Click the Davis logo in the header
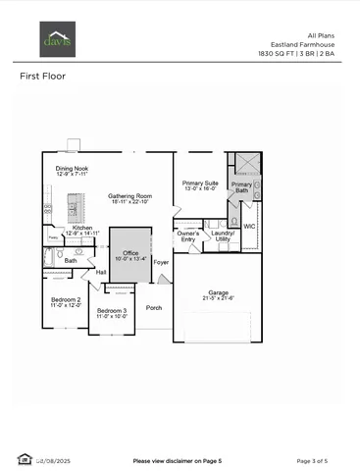(51, 42)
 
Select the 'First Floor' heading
(42, 76)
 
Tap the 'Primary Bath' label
(241, 187)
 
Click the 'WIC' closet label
(249, 226)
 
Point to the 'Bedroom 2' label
(67, 301)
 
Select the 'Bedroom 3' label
(112, 313)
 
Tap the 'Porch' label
(154, 307)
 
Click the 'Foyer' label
(161, 263)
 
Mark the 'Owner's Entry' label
(188, 236)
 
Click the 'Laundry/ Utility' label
(224, 236)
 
